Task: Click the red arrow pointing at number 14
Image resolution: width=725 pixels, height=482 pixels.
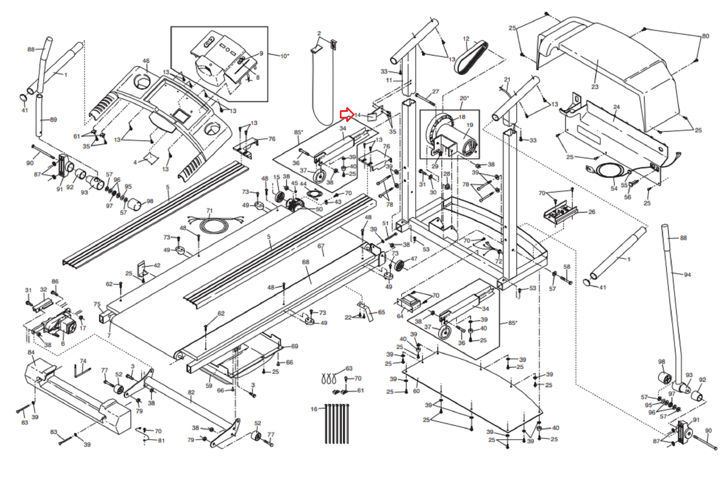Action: pos(347,115)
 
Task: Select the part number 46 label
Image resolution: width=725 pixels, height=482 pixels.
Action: pos(145,61)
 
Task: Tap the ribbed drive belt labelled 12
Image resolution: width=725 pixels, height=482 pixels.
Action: pos(471,57)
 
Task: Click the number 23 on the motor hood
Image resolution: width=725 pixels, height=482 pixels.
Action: pos(594,87)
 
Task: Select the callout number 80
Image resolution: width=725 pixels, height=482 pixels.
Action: pos(705,36)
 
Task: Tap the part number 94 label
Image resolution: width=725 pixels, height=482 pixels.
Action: pos(687,275)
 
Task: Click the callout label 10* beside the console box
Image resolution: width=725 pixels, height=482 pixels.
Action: pos(284,56)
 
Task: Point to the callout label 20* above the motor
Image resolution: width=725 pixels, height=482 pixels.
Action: pos(464,98)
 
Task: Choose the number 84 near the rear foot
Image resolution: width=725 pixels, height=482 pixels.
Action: pos(31,352)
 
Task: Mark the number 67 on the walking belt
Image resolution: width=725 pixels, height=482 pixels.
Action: pos(321,246)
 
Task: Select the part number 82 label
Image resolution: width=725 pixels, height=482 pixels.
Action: pos(191,392)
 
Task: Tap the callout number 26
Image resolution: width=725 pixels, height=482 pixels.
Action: pos(591,212)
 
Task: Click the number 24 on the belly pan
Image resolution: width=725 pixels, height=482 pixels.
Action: pos(616,107)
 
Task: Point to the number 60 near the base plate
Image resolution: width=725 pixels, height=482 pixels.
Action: pos(416,391)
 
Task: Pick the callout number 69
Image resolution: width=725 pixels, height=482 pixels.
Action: pos(295,346)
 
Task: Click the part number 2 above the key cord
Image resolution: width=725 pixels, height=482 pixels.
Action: pos(319,34)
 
